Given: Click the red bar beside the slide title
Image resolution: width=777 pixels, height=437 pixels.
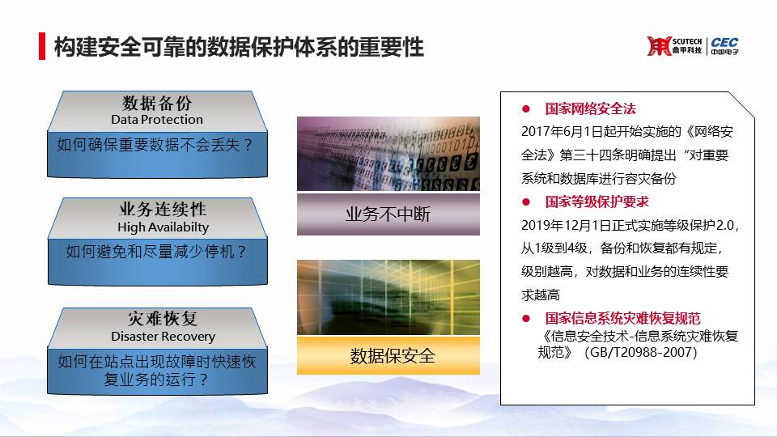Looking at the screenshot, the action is [42, 46].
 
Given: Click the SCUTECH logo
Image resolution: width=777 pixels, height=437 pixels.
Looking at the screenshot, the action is [674, 46].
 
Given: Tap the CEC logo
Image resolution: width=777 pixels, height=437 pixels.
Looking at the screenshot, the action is [724, 46].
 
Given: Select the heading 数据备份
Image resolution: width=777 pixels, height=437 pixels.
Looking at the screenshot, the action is [157, 103].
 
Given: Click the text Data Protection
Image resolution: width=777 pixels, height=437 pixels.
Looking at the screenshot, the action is [157, 120].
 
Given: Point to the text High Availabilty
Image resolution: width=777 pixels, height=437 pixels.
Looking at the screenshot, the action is [163, 227].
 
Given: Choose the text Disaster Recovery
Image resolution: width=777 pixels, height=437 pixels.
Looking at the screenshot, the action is [163, 337].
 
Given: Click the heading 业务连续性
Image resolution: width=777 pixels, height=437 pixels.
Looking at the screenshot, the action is [163, 209].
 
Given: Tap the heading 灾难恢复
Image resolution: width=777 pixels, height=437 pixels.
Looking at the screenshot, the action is [163, 319].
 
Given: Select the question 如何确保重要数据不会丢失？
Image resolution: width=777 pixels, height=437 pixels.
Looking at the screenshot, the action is [155, 145].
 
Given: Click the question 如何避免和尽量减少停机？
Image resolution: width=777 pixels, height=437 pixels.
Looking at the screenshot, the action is [156, 252].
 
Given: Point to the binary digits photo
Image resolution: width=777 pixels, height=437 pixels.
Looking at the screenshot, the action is [388, 154].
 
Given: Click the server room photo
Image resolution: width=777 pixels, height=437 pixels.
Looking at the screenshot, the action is [388, 297].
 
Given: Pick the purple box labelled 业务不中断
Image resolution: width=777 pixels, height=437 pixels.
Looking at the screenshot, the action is [388, 214].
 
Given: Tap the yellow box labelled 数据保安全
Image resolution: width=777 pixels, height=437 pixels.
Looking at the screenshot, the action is [388, 356].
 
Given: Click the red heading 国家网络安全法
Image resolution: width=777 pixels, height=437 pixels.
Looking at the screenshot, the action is [590, 109].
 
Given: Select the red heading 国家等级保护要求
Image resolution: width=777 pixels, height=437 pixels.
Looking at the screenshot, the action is [597, 202].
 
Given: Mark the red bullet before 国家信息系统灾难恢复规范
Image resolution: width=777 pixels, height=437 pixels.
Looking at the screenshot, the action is [526, 319].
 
